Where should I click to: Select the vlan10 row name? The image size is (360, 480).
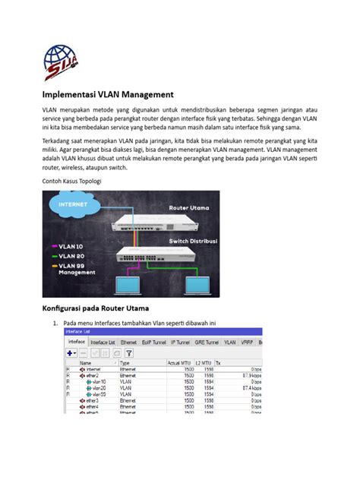(99, 381)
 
